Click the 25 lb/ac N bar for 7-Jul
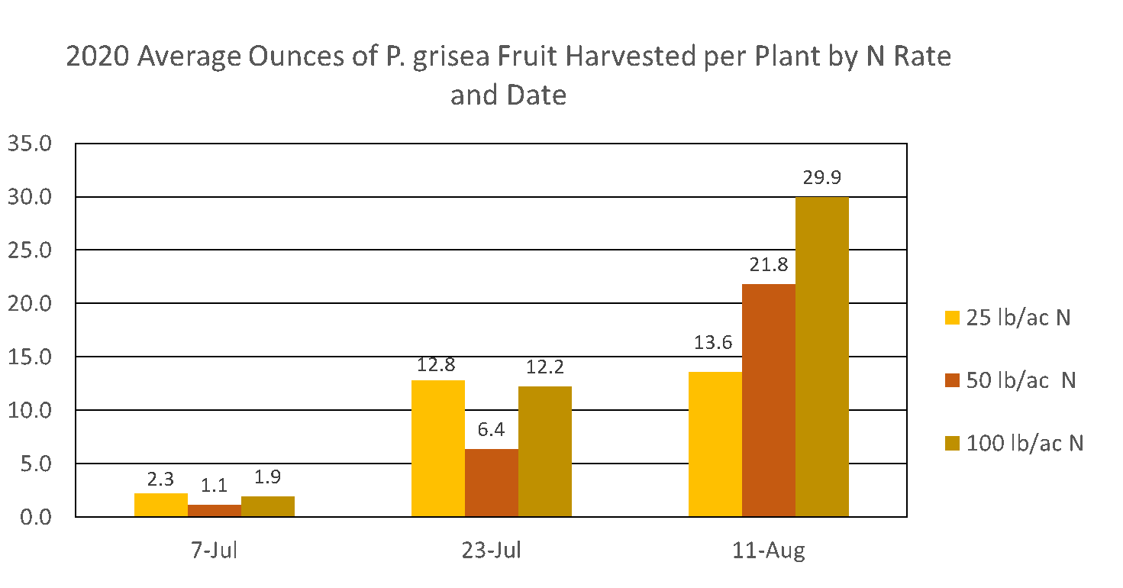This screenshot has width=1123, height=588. [x=161, y=505]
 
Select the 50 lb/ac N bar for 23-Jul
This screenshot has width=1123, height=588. [x=492, y=483]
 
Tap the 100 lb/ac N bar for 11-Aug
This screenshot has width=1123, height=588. [x=822, y=357]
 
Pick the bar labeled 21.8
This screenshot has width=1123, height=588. [x=769, y=400]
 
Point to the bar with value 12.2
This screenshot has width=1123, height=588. [x=545, y=451]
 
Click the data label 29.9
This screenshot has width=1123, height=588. [x=822, y=178]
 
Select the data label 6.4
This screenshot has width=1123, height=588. [x=492, y=430]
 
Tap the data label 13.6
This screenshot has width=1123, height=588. [x=713, y=343]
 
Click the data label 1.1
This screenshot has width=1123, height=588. [x=215, y=486]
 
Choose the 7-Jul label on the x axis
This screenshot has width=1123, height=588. [x=215, y=550]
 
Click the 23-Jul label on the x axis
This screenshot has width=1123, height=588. [x=492, y=550]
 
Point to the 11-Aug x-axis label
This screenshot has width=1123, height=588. [x=769, y=551]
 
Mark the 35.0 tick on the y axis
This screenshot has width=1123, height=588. [x=30, y=144]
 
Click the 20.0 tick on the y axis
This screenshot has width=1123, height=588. [x=30, y=304]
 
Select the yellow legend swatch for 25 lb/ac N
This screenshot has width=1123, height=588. [x=952, y=318]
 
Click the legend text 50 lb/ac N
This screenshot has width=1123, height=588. [x=1021, y=380]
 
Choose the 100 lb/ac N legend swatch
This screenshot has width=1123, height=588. [x=952, y=443]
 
